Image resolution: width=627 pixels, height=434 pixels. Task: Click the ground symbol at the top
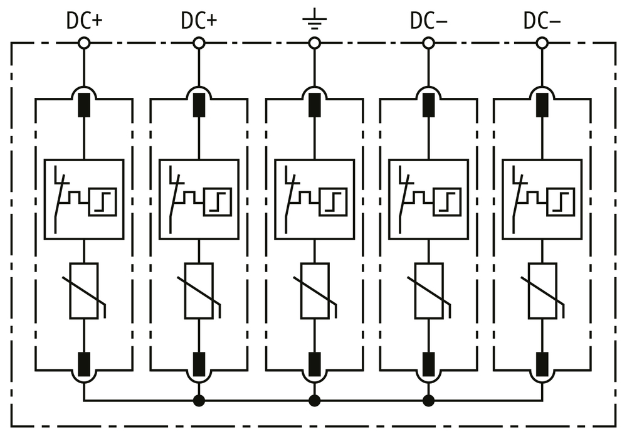pos(314,19)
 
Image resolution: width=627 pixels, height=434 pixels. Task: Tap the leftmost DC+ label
pos(85,21)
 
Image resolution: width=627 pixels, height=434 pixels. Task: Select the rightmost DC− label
pos(542,21)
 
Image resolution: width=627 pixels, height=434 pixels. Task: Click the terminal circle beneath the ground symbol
pos(315,43)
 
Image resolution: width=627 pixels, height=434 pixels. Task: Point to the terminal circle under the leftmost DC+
pos(84,43)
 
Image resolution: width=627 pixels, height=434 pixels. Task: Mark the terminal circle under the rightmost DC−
pos(542,43)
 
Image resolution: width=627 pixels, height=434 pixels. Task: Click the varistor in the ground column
pos(315,291)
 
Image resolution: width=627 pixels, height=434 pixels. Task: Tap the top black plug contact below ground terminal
pos(315,105)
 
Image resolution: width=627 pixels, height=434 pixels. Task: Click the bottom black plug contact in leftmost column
pos(84,364)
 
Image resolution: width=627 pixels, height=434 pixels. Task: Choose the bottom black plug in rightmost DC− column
pos(542,364)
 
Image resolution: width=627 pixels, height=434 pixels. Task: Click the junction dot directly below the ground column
pos(315,400)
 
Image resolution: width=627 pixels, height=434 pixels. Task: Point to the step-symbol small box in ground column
pos(333,201)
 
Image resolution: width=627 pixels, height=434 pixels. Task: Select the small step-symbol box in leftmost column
pos(102,201)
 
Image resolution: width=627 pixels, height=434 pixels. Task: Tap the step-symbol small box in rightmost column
pos(561,201)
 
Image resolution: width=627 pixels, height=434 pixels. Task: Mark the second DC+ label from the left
pos(199,21)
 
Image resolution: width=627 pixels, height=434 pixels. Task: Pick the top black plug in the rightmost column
pos(542,105)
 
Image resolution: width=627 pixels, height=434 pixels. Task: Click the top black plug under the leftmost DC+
pos(84,105)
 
